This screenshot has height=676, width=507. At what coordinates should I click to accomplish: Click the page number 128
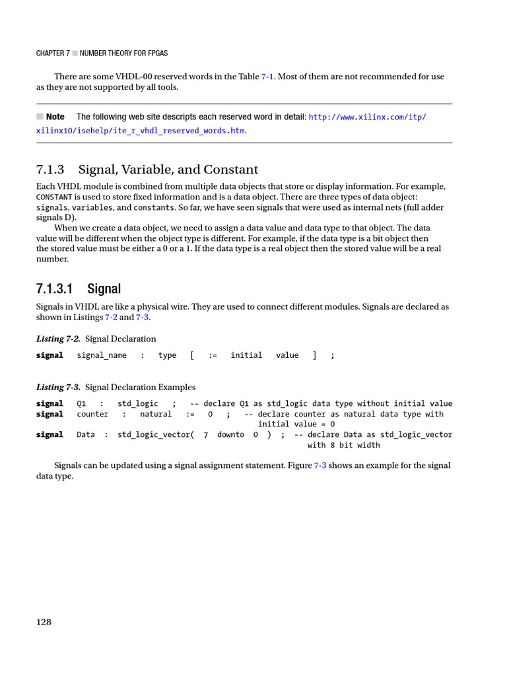pos(44,622)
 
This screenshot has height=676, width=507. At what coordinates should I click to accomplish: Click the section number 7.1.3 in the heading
pos(50,170)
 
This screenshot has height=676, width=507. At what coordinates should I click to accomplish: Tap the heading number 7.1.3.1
pos(54,288)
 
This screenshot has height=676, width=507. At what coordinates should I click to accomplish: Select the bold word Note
pos(55,117)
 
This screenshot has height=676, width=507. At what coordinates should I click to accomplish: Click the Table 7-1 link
pos(267,77)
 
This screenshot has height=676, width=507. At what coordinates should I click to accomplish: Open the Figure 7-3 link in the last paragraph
pos(320,465)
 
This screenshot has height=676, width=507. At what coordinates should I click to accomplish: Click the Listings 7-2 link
pos(111,318)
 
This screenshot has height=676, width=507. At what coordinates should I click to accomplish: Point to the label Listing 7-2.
pos(59,339)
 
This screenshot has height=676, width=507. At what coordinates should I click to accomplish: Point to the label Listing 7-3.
pos(59,387)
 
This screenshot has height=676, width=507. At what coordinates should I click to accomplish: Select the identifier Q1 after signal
pos(81,403)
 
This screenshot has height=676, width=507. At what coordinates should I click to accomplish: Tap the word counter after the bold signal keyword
pos(92,414)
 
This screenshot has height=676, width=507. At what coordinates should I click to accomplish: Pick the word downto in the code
pos(230,434)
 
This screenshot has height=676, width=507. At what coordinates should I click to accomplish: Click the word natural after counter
pos(156,414)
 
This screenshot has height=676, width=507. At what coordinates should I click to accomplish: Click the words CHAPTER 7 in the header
pos(53,53)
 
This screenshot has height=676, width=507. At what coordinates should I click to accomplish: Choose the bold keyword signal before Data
pos(50,434)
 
